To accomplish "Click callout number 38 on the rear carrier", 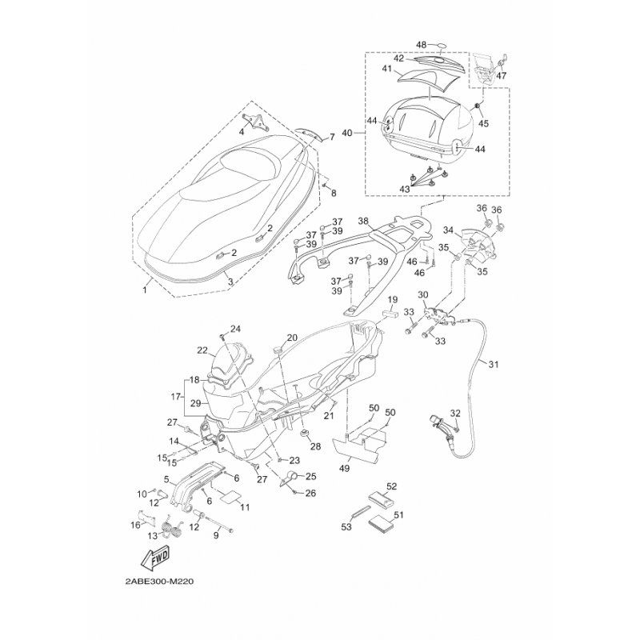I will [x=362, y=222].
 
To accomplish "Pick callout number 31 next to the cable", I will [x=493, y=366].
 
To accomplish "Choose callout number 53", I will [x=346, y=527].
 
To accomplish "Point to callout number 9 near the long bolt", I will [x=215, y=536].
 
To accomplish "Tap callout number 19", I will [x=392, y=300].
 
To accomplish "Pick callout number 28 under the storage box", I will [x=315, y=446].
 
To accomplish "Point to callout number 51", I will [x=398, y=516].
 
